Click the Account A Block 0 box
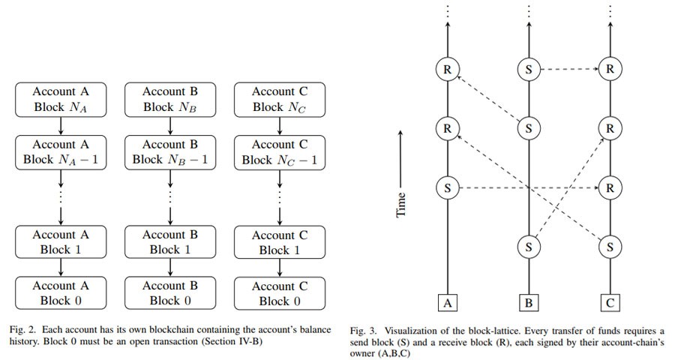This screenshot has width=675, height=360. point(61,292)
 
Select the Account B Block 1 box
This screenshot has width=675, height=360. point(170,242)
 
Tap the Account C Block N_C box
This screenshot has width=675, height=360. point(280,100)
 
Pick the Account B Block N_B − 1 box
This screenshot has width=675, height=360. point(170,152)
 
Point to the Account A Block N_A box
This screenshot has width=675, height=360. point(61,100)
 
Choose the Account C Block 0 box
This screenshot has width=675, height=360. point(280,294)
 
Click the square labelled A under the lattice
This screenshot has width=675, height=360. point(447,303)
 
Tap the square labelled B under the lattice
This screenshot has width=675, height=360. point(529,303)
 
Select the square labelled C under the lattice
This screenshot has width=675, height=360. point(610,303)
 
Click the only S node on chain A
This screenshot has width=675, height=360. point(447,187)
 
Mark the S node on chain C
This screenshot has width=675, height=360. point(610,247)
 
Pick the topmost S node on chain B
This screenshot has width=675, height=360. point(529,69)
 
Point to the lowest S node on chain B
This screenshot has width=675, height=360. point(529,247)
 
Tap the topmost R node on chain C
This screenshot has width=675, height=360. point(610,69)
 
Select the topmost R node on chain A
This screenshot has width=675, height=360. point(447,69)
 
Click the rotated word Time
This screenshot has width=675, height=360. point(400,205)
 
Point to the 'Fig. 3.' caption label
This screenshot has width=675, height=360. point(363,331)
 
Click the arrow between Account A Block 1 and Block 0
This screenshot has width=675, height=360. point(61,268)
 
